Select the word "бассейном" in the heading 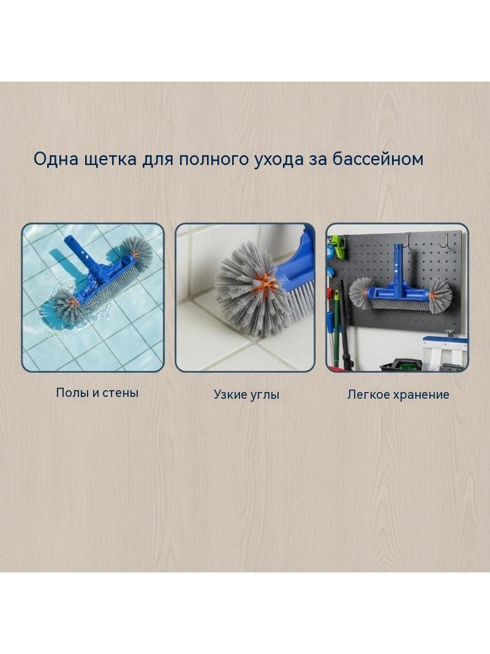click(x=378, y=159)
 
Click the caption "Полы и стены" click(x=97, y=393)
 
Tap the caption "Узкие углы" click(x=246, y=394)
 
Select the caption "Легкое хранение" click(x=398, y=394)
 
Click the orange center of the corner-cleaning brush click(x=267, y=282)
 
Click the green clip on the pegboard click(x=337, y=247)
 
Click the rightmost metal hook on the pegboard click(x=447, y=239)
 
